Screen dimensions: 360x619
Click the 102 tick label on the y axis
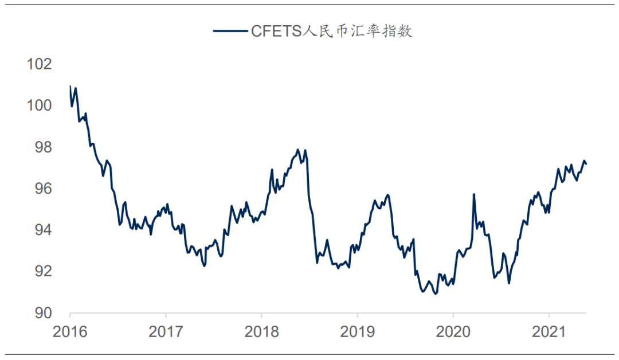[40, 64]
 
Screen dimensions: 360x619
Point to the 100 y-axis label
[40, 105]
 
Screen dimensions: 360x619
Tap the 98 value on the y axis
[43, 147]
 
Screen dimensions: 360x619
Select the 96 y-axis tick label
[43, 189]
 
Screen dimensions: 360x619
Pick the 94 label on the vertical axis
[43, 230]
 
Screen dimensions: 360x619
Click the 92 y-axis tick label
[43, 271]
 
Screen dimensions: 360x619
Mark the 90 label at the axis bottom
[43, 313]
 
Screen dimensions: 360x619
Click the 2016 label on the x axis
[70, 332]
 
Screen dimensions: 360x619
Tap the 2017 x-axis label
[166, 332]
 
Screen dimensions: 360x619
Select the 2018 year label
[261, 332]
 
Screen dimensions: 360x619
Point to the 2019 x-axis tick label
[357, 332]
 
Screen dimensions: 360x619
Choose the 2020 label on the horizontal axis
[453, 332]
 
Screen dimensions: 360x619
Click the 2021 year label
[549, 332]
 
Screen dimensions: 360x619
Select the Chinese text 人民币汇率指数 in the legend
[358, 31]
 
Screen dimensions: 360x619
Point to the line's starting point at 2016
[70, 87]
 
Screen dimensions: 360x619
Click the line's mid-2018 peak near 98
[297, 150]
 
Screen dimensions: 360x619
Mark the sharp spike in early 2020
[474, 194]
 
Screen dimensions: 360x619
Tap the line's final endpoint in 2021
[586, 164]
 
